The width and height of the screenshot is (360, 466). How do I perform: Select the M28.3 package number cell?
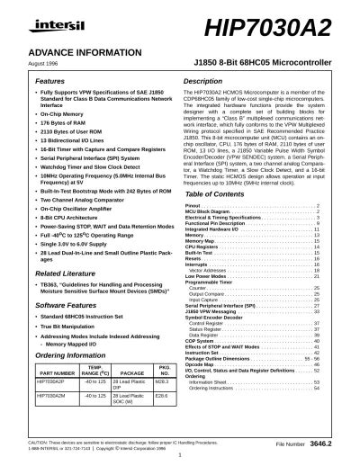click(x=162, y=381)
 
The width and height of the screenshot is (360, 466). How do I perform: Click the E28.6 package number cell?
click(x=162, y=395)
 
